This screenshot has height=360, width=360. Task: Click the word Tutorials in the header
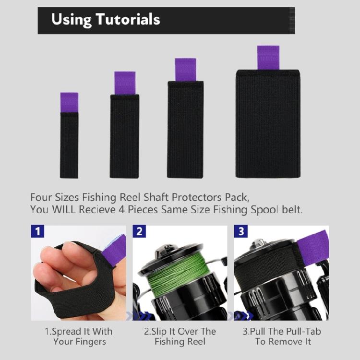click(x=128, y=19)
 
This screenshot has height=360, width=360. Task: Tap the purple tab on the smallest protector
click(x=69, y=102)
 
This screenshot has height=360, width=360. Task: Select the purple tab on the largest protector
click(x=268, y=58)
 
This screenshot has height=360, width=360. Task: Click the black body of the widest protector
click(x=268, y=123)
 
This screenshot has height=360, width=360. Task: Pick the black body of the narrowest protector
click(x=69, y=145)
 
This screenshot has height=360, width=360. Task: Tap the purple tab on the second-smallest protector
click(x=125, y=83)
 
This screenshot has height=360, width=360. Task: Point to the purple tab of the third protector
click(x=185, y=70)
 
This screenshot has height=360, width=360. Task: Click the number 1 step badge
click(x=37, y=231)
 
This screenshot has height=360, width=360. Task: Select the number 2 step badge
click(x=139, y=231)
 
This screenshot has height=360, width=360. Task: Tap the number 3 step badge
click(x=241, y=231)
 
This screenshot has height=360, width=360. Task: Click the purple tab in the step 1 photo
click(x=114, y=251)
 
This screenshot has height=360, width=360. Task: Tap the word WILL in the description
click(x=63, y=209)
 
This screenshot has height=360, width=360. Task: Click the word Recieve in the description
click(x=97, y=209)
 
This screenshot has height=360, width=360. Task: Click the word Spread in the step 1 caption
click(x=67, y=332)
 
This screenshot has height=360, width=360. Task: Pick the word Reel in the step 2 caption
click(x=196, y=342)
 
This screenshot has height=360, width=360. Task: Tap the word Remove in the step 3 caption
click(x=286, y=342)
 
